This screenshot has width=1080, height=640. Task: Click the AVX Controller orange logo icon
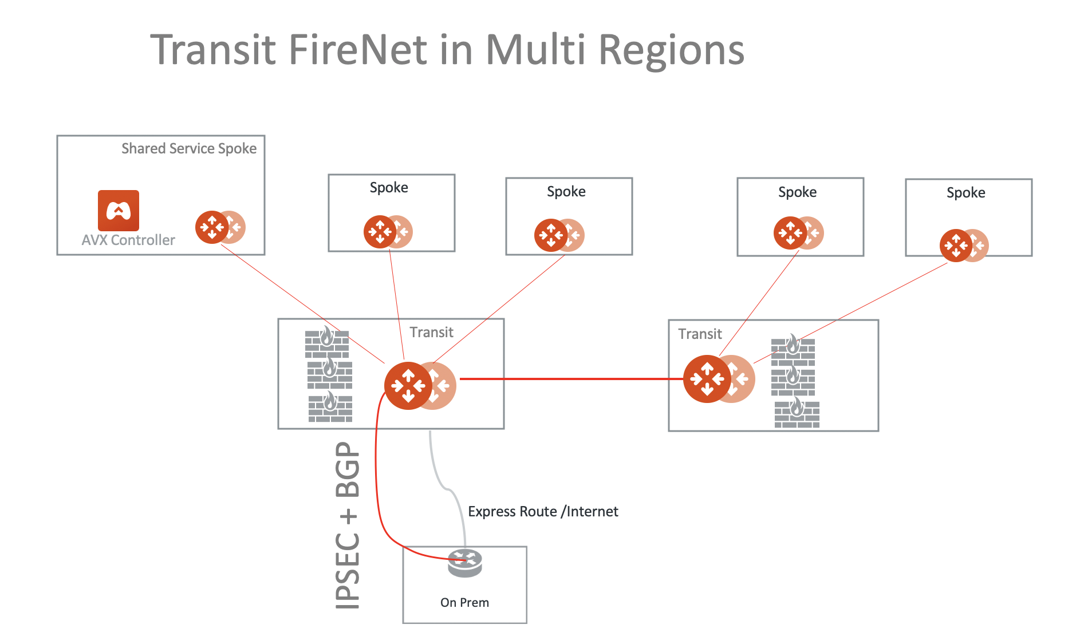point(119,211)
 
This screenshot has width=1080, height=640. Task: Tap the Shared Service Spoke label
point(188,149)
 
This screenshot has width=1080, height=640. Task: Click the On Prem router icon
point(464,563)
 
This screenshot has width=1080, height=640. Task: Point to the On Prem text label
point(464,602)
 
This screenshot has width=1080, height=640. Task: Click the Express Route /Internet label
point(543,511)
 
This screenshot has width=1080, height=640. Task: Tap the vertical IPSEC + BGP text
point(348,525)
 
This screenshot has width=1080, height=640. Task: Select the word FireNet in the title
point(358,50)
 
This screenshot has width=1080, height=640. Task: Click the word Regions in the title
point(671,50)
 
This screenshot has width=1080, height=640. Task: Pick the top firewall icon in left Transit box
point(327,342)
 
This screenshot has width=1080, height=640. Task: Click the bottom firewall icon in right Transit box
point(797,413)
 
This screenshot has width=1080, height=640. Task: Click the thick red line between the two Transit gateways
point(573,378)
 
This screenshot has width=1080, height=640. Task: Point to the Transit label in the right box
point(700,334)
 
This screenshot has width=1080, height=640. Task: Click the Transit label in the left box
point(431,332)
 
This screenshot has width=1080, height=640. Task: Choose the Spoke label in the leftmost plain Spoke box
point(389,188)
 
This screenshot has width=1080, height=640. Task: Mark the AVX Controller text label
point(128,240)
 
